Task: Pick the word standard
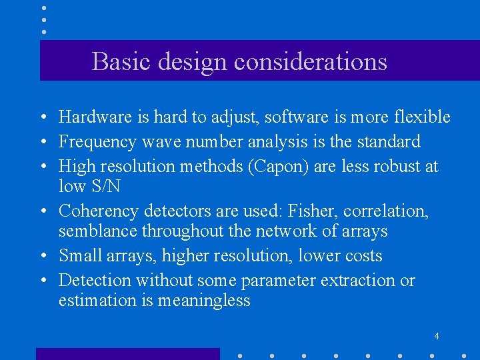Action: point(389,142)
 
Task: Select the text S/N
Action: point(103,186)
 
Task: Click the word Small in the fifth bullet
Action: point(77,256)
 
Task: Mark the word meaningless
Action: point(204,301)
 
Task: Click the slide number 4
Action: point(436,336)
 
